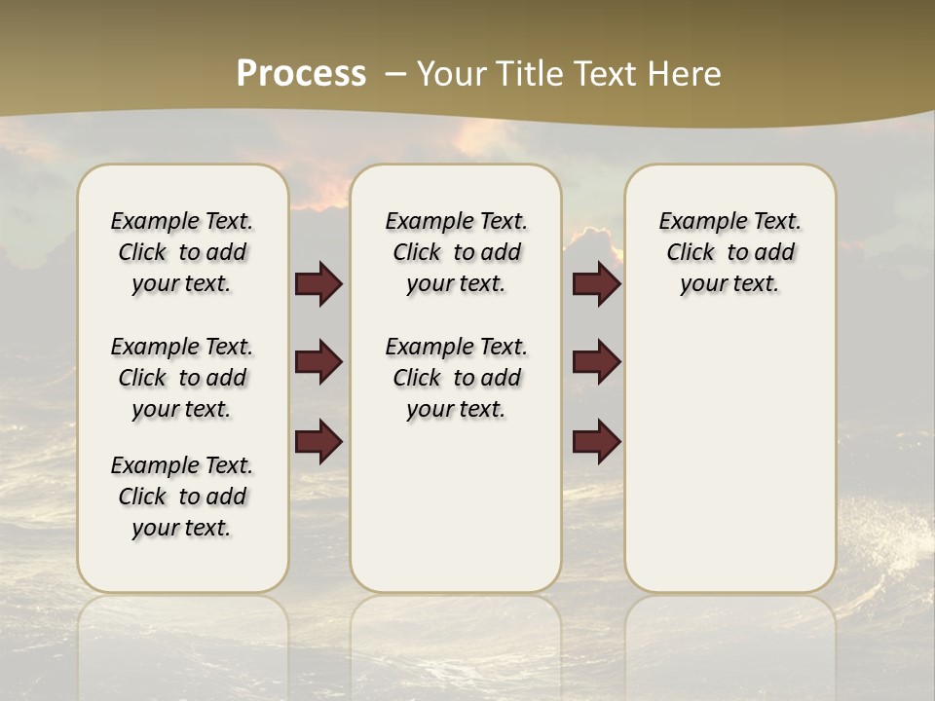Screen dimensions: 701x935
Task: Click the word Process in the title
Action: pos(301,74)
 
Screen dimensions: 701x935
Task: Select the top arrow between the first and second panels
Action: pos(318,283)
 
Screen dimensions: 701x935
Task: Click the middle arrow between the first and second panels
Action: pos(318,362)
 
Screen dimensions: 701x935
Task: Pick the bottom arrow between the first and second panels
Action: pos(318,442)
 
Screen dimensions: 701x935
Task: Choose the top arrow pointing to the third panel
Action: pos(596,283)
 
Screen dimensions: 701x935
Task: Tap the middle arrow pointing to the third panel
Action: pos(596,362)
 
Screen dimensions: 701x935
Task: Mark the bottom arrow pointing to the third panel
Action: pos(596,442)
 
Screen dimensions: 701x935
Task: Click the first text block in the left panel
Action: pos(182,252)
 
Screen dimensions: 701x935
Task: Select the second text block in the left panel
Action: pos(182,378)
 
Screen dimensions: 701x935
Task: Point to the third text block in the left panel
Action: pos(182,497)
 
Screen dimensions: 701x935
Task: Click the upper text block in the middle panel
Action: pos(456,252)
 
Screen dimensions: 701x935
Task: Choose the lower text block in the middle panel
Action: pos(456,378)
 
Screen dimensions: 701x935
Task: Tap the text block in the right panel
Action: pos(729,252)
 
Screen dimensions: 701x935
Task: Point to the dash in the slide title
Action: pos(395,74)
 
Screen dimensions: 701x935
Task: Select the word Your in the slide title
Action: pos(452,74)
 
